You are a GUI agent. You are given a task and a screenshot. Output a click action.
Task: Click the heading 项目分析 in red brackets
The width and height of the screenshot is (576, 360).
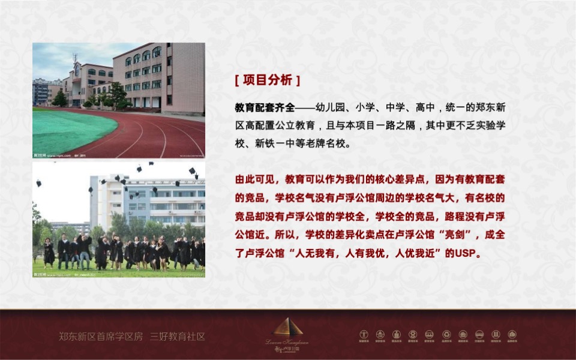(x=267, y=80)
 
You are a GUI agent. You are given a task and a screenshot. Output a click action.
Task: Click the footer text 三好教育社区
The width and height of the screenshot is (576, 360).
(x=178, y=336)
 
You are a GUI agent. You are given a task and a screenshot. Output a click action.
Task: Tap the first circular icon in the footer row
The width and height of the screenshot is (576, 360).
(x=364, y=334)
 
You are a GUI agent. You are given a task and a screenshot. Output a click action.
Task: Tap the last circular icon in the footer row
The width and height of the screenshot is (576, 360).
(x=512, y=334)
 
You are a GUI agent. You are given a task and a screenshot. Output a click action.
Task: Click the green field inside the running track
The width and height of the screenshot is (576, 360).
(x=69, y=130)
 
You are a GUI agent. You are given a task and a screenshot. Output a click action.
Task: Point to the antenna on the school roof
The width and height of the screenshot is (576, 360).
(x=75, y=58)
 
